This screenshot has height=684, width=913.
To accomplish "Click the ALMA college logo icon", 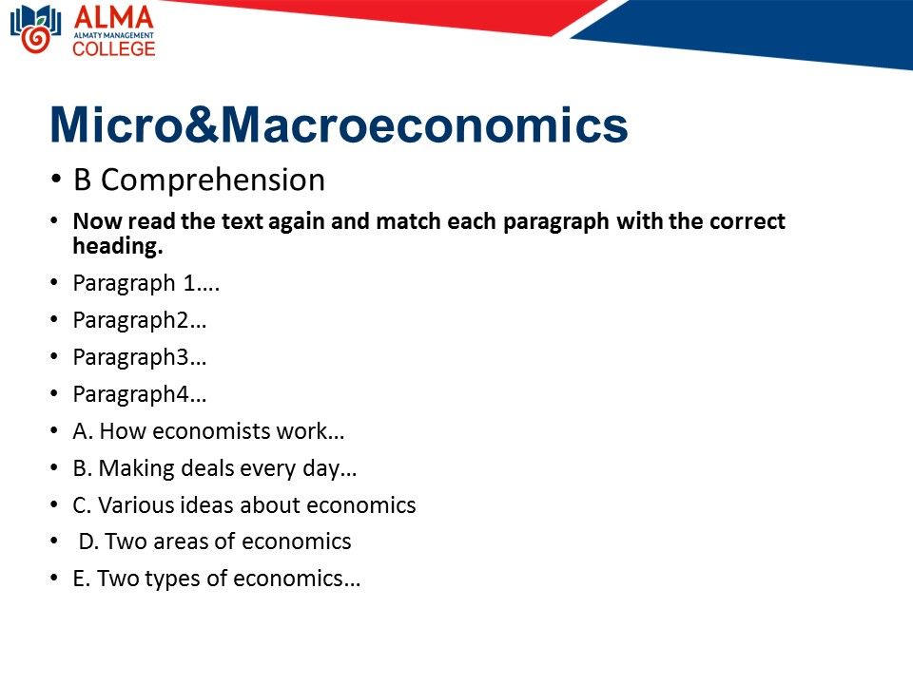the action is (35, 29).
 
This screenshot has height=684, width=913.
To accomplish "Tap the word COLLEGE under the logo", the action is (114, 48).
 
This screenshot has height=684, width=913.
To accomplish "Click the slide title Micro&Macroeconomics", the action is (339, 124).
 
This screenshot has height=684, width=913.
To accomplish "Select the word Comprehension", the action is (213, 180).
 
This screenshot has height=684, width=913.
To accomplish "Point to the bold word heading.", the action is (118, 246).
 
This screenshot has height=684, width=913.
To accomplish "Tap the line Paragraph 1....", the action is (146, 283).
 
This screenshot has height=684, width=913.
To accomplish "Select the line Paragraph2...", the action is (139, 320).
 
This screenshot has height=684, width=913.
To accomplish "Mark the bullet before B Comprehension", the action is (56, 179).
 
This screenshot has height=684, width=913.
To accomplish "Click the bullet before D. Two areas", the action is (54, 541).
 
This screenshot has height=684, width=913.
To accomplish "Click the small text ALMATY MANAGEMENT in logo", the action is (113, 35).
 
